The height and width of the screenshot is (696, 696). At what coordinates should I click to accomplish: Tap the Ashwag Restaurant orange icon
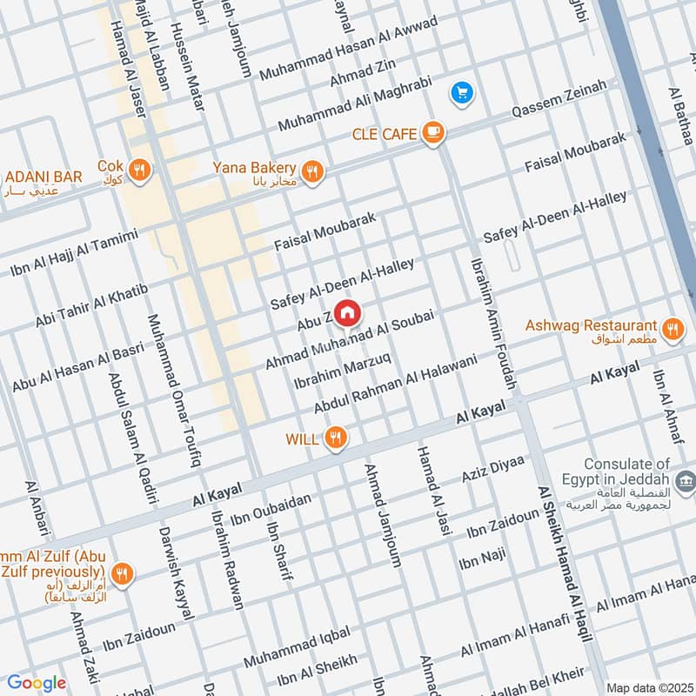click(x=671, y=329)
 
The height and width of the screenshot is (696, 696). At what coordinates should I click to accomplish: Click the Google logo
click(x=37, y=682)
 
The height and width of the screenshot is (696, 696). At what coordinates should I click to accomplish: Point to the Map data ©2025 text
click(x=648, y=687)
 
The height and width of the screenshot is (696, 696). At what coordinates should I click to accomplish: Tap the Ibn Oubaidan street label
click(x=282, y=505)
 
